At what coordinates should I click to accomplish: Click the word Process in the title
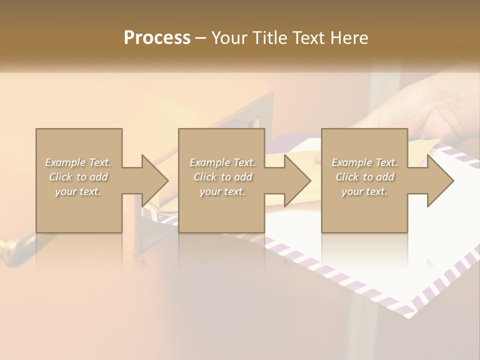click(x=157, y=38)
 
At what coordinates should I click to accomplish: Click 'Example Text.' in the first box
click(x=78, y=162)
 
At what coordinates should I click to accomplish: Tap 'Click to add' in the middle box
click(x=222, y=177)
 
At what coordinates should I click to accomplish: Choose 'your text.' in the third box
click(x=364, y=191)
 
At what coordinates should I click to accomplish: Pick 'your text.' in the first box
click(x=78, y=191)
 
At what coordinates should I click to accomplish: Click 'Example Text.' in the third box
click(x=364, y=162)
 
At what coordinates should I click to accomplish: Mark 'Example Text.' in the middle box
click(x=222, y=162)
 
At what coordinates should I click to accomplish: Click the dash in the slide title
click(x=200, y=38)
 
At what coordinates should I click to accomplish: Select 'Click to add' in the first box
click(x=78, y=177)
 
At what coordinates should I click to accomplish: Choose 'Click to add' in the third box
click(x=364, y=177)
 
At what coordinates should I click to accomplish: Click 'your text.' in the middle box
click(x=222, y=191)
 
